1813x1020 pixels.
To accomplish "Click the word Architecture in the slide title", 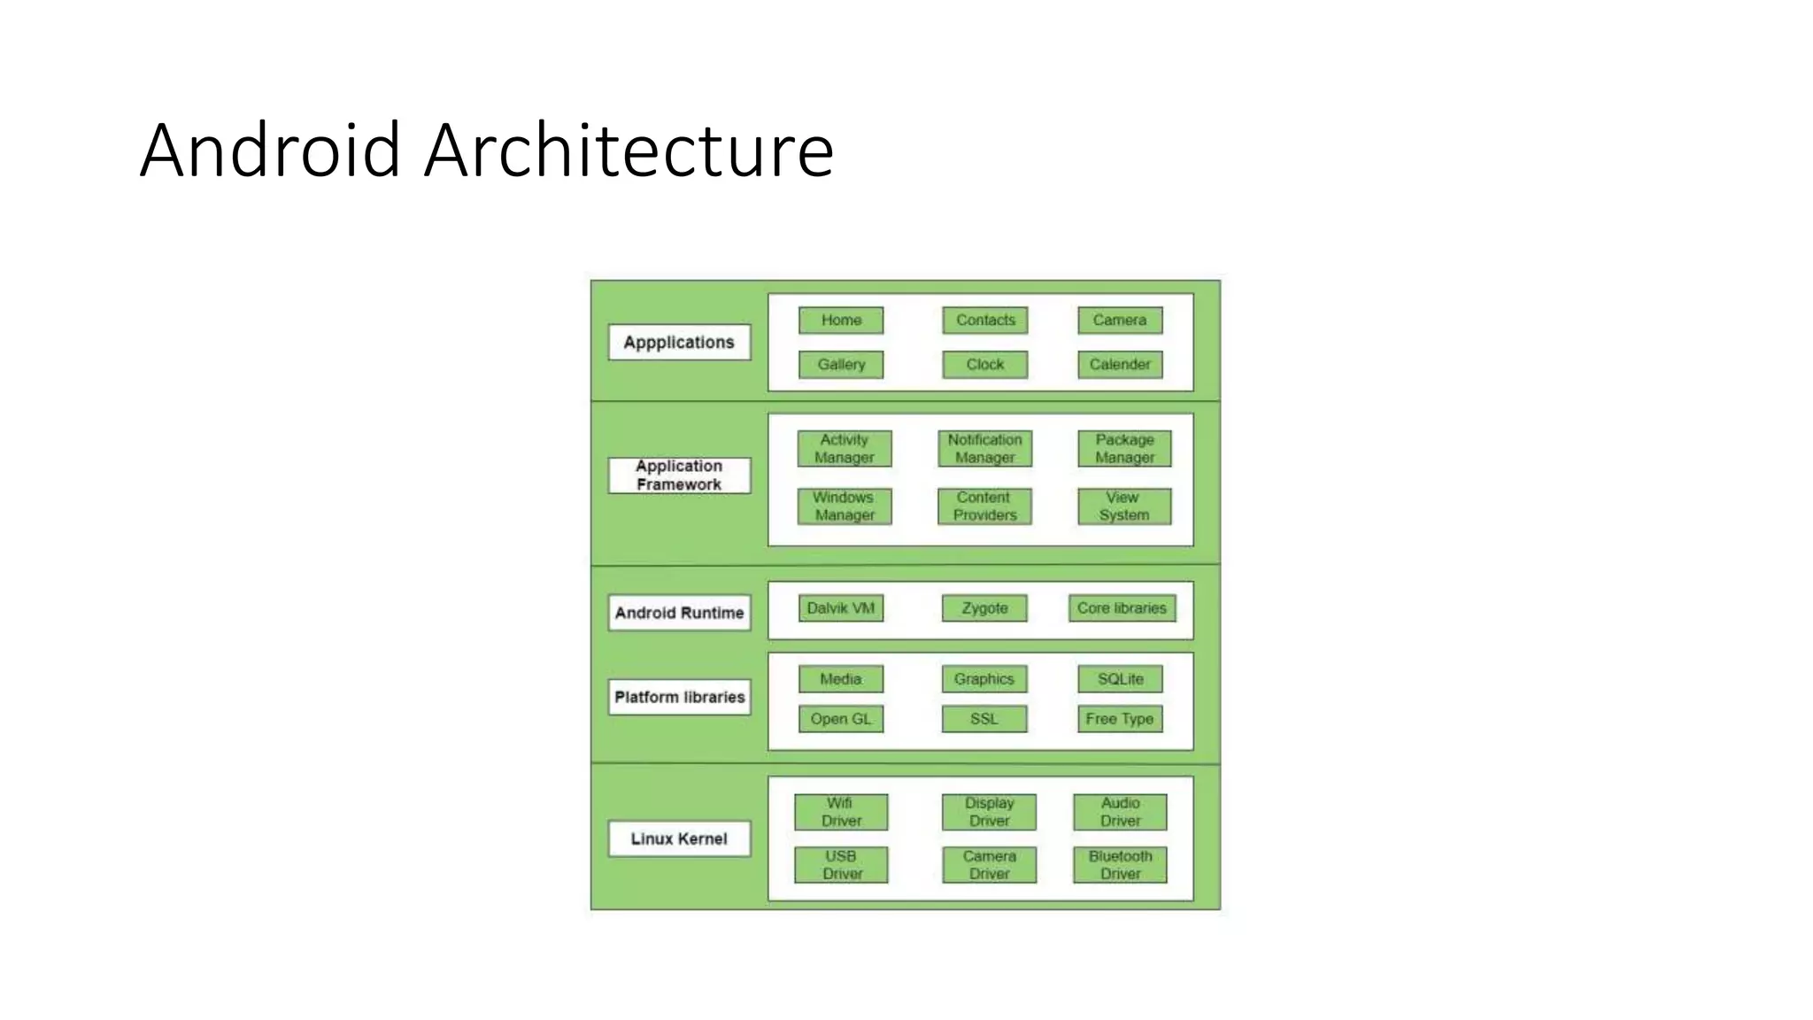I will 629,151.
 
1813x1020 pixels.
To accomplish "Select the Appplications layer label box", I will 679,343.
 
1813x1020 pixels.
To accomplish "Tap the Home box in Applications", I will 841,321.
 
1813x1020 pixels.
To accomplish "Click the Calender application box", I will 1120,365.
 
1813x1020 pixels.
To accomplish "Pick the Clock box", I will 984,365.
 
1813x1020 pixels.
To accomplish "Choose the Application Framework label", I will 679,475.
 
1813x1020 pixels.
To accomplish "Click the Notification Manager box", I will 984,449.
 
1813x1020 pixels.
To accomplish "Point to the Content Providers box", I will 984,506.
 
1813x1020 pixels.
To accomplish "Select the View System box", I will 1124,506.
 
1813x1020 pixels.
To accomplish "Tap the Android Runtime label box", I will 679,613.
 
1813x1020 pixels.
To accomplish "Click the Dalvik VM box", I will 841,608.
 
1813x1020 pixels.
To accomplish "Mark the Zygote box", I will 984,608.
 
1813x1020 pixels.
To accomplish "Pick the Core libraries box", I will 1122,608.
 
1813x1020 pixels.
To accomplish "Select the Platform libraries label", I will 679,697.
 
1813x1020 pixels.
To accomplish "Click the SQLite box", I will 1120,679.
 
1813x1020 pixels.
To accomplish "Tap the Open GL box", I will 841,719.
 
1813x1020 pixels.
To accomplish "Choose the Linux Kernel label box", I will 679,838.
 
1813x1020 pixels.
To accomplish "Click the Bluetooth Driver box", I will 1120,865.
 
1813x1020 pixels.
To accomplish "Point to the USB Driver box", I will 841,865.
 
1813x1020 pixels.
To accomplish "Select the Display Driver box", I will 989,812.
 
